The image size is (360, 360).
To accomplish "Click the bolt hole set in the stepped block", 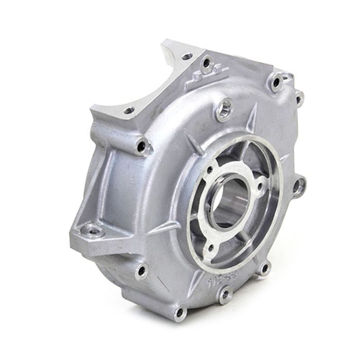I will [x=207, y=63].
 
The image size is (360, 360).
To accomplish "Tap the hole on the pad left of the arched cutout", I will [x=129, y=110].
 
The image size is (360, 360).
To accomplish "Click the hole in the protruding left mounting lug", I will [x=93, y=231].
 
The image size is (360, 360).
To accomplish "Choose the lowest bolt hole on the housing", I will [x=180, y=312].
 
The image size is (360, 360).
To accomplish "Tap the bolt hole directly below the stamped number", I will [x=225, y=295].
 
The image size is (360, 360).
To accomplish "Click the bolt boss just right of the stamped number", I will [x=264, y=267].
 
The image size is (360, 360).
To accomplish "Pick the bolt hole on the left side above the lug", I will [x=142, y=147].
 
